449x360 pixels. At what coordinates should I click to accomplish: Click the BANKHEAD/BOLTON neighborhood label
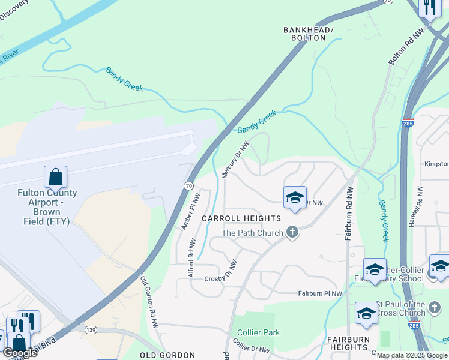(308, 34)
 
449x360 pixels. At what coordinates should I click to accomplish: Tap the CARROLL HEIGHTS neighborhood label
(241, 218)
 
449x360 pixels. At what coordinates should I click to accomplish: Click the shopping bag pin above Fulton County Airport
(55, 178)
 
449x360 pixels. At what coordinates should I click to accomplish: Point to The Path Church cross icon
(292, 232)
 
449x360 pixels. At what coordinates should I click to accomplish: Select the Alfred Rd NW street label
(192, 256)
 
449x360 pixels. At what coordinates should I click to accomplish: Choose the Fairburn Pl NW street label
(321, 293)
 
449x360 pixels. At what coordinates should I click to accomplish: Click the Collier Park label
(259, 332)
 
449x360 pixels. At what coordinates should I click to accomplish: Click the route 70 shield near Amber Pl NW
(188, 187)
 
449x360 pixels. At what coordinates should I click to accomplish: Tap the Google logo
(20, 352)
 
